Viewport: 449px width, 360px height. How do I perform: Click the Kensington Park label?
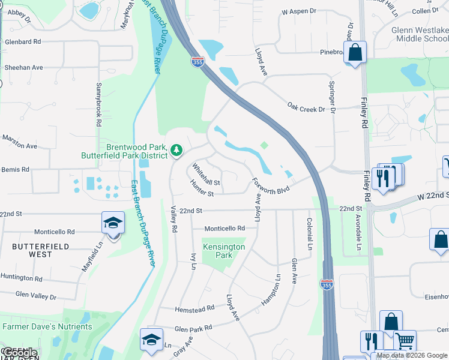[x=224, y=251]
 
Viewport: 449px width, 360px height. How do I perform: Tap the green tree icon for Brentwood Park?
[x=176, y=149]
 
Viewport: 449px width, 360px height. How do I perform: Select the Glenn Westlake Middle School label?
[x=420, y=34]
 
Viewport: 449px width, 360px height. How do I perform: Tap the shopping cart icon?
[x=405, y=341]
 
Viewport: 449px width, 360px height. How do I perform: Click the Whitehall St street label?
[x=206, y=175]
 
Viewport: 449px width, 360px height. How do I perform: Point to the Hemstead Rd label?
[x=194, y=308]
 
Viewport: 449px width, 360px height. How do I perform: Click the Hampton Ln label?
[x=270, y=290]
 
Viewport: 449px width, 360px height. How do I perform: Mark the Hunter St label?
[x=202, y=190]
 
